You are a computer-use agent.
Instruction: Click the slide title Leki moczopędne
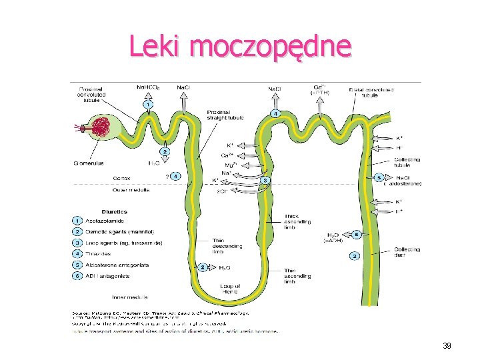pos(240,47)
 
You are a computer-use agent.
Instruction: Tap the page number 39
pos(447,346)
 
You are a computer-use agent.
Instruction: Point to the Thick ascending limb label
pos(297,221)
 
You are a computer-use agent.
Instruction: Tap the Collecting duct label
pos(407,251)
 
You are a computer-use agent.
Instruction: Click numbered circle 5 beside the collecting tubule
pos(379,178)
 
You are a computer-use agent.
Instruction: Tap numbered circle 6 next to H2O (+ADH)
pos(357,235)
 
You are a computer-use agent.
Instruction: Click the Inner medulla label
pos(131,296)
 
